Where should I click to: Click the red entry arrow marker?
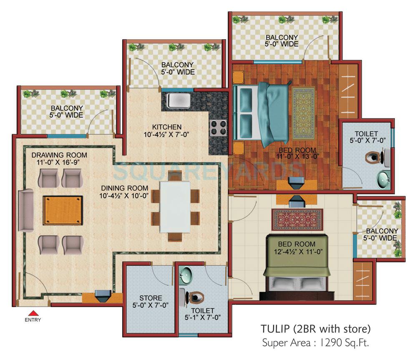click(33, 312)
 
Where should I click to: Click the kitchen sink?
click(178, 101)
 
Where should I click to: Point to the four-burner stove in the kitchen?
click(218, 127)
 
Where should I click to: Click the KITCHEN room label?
click(166, 127)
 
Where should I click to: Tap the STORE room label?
click(151, 298)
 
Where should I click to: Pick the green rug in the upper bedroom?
click(306, 107)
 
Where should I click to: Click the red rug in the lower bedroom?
click(297, 219)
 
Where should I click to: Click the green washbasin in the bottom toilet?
click(186, 275)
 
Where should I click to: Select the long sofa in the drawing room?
click(26, 210)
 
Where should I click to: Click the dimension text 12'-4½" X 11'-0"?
click(298, 252)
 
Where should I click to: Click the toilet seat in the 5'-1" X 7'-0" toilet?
click(194, 297)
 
